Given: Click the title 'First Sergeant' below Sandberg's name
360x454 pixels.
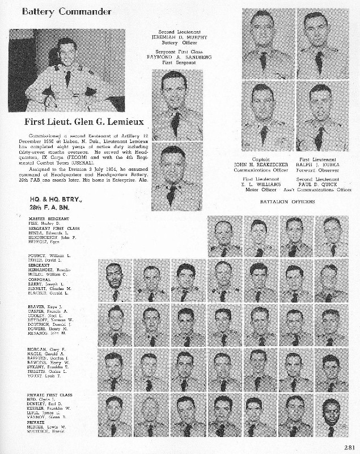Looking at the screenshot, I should [175, 63].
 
